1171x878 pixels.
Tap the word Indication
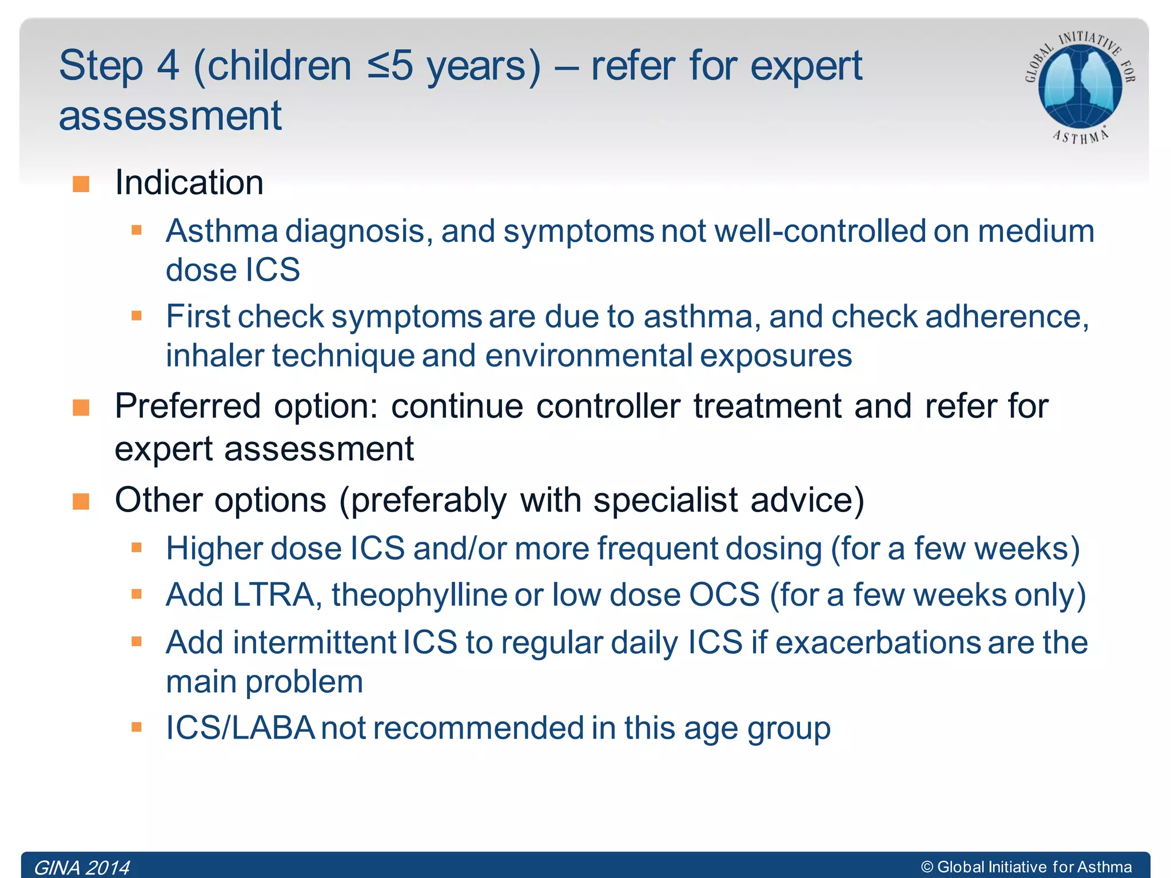189,183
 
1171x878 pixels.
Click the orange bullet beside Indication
81,184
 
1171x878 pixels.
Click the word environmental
589,356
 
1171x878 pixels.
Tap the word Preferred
188,406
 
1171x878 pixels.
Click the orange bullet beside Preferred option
81,408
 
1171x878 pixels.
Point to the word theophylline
419,595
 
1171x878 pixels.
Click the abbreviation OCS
724,595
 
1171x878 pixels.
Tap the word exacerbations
878,642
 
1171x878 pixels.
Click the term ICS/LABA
240,728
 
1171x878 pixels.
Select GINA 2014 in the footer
82,867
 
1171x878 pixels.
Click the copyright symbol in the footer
927,867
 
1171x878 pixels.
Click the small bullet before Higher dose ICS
136,548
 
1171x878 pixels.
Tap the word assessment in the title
170,115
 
